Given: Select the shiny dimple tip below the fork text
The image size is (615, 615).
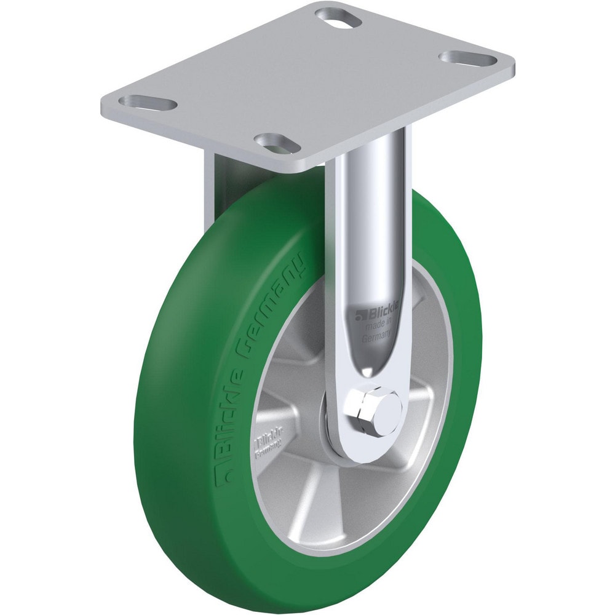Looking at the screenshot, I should tap(367, 371).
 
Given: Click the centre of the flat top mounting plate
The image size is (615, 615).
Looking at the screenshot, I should tap(307, 80).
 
